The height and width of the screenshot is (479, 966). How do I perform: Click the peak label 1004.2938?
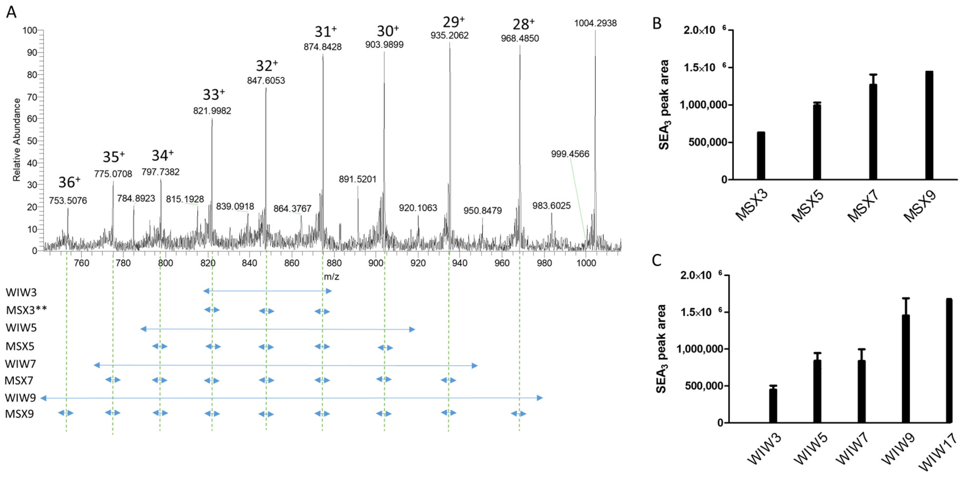(595, 23)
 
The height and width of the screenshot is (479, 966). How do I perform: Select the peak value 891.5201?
(357, 179)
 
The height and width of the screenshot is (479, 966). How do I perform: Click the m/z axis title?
(332, 277)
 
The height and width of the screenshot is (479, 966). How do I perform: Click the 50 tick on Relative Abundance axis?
(32, 141)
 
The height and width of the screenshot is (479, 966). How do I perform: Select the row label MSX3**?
(26, 310)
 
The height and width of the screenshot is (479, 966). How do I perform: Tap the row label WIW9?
(20, 397)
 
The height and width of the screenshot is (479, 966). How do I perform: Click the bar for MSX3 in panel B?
(761, 156)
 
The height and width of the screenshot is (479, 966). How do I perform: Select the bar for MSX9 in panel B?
(929, 125)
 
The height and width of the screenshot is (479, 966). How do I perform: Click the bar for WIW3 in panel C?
(773, 405)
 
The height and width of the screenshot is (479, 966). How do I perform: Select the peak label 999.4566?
(570, 154)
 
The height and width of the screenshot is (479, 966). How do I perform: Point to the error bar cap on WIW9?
(906, 298)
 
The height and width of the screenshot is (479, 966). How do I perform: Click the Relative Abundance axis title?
(17, 140)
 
